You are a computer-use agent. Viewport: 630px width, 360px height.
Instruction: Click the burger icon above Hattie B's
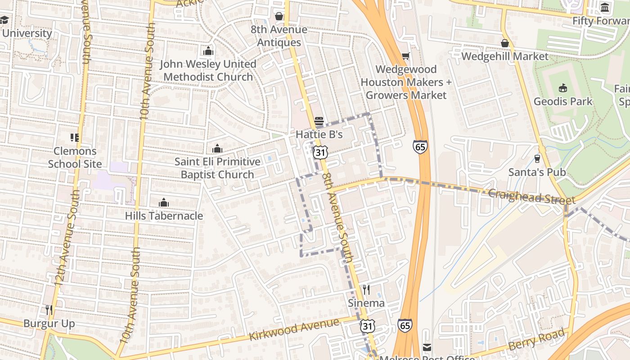coord(319,121)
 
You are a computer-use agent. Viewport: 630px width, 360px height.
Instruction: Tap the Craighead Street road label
coord(531,197)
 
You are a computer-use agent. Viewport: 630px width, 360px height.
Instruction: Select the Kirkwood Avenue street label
coord(294,330)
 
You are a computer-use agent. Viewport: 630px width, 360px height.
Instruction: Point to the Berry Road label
coord(536,340)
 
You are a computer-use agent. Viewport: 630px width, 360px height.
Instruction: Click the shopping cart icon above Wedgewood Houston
coord(405,56)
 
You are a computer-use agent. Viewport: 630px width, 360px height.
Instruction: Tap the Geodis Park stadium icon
coord(562,88)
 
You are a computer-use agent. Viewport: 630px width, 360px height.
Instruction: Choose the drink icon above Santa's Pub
coord(537,158)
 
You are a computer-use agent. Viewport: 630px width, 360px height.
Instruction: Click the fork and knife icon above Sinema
coord(366,290)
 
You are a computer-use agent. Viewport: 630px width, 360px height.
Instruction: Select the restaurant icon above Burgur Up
coord(49,310)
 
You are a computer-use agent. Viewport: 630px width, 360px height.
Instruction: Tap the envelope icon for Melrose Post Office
coord(427,347)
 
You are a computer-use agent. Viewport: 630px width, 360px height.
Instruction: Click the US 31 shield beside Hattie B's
coord(320,152)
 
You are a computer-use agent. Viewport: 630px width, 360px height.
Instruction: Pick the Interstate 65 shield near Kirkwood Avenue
coord(405,325)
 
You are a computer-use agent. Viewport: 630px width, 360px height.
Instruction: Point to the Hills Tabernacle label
coord(164,216)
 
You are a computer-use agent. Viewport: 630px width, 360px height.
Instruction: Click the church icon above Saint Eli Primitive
coord(217,148)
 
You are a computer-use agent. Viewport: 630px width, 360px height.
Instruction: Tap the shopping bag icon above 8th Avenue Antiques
coord(279,17)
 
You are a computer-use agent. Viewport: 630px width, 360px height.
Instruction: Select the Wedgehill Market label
coord(505,56)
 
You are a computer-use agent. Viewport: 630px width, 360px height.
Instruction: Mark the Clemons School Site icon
coord(75,138)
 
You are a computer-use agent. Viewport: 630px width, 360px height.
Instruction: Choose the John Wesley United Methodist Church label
coord(208,70)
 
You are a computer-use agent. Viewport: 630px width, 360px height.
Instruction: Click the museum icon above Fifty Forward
coord(605,8)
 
